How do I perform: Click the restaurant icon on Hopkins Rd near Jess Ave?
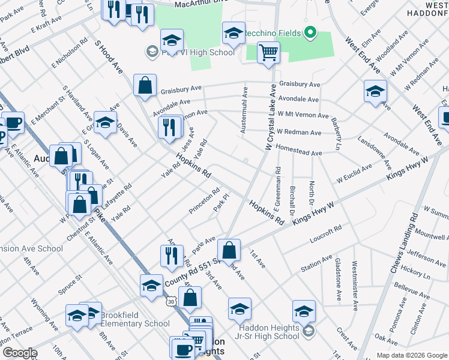[x=170, y=127]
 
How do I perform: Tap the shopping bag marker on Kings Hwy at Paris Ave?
[x=229, y=250]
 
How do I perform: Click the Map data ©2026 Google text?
[x=412, y=355]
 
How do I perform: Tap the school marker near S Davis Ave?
[x=105, y=123]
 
